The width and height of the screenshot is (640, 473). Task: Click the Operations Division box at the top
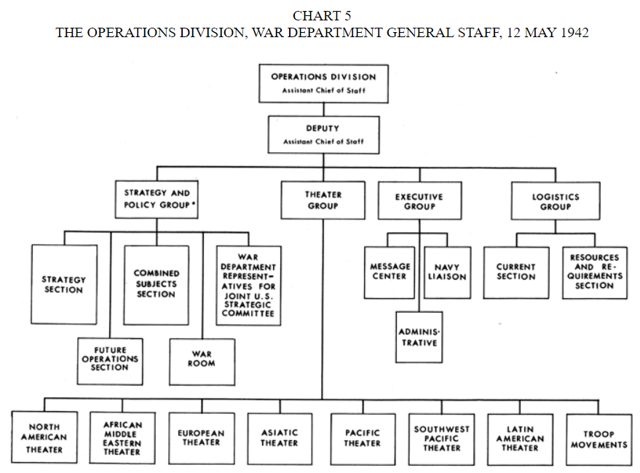point(323,82)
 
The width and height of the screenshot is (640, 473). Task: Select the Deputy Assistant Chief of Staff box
point(323,134)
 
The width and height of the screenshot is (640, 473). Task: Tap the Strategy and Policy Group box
point(157,199)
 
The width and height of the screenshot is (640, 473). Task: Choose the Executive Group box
point(419,201)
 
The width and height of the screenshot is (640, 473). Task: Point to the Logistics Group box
point(556,201)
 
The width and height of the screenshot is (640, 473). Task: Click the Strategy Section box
point(64,284)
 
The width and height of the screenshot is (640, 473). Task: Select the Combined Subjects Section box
point(156,284)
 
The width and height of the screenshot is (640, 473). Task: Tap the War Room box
point(202,361)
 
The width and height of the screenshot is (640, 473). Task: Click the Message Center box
point(390,272)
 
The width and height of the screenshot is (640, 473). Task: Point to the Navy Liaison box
point(447,272)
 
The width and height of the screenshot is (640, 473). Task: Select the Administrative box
point(418,337)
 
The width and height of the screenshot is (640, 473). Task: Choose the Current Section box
point(515,272)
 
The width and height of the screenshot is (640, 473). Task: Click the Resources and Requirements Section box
point(594,272)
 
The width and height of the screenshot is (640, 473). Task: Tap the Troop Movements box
point(598,439)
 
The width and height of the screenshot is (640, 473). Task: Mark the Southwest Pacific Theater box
point(441,439)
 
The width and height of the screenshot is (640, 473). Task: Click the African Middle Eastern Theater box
point(123,439)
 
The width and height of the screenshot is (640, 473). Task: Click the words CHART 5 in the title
point(322,16)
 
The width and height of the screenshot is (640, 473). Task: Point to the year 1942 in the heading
point(574,34)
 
